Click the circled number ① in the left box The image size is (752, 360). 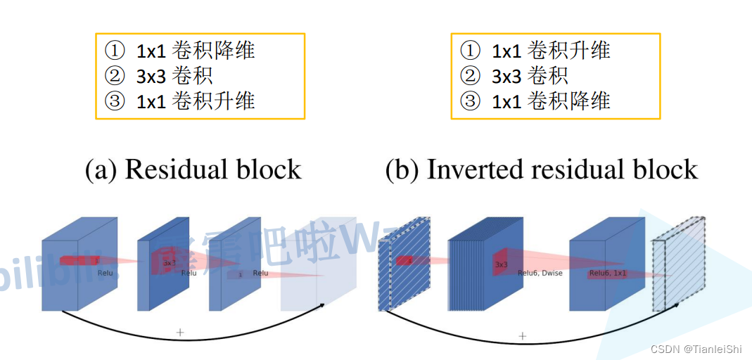tap(114, 51)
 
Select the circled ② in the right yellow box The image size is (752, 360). tap(470, 75)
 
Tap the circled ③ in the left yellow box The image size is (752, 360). tap(114, 101)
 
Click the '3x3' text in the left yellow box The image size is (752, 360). tap(151, 76)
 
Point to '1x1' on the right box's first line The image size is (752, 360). tap(506, 51)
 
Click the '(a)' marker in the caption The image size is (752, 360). tap(101, 170)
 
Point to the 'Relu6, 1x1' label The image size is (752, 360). tap(608, 273)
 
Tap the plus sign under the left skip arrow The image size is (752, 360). tap(180, 332)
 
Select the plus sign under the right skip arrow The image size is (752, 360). tap(522, 336)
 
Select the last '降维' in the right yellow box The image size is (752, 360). tap(590, 101)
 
